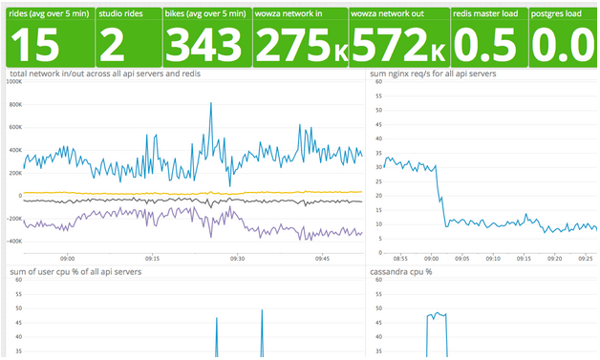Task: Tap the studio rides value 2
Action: point(115,43)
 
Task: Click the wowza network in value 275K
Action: point(300,44)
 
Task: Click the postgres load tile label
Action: point(554,13)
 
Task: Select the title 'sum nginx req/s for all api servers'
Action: point(433,74)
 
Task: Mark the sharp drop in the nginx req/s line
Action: point(440,196)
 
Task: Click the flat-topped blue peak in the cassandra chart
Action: point(437,314)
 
